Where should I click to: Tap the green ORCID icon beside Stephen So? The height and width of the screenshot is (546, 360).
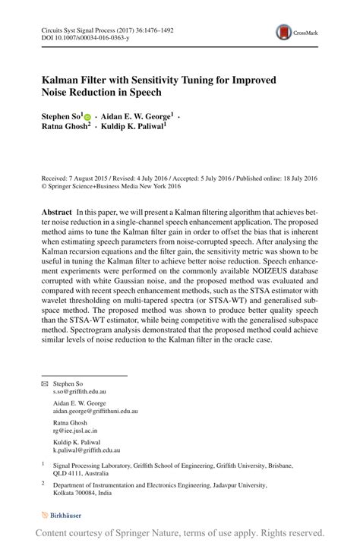(87, 118)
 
